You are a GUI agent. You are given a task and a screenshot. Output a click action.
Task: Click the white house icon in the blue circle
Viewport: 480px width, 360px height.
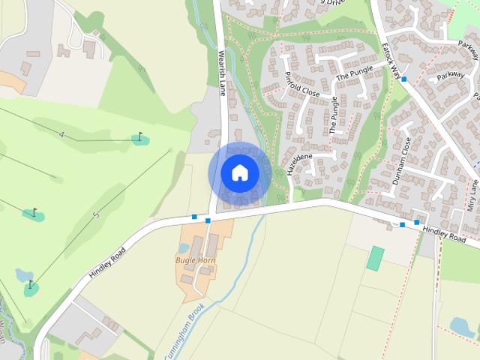tap(240, 173)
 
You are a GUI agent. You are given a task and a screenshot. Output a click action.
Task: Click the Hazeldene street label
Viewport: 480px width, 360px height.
tap(298, 163)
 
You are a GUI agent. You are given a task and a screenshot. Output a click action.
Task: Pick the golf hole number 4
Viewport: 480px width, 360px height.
tap(61, 135)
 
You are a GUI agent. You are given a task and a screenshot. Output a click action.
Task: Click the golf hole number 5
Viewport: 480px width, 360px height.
tap(96, 216)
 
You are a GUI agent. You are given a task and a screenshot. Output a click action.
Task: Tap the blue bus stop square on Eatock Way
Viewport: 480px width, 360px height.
tap(404, 79)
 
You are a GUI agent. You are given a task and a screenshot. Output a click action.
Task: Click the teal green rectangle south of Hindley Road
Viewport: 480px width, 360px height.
tap(376, 258)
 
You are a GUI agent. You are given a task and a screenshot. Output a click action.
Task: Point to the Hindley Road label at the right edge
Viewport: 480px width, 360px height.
tap(444, 236)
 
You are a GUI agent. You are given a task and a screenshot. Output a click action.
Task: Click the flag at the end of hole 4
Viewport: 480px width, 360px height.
tap(139, 137)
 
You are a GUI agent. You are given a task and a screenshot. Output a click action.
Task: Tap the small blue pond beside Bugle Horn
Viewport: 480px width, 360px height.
tap(184, 247)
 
